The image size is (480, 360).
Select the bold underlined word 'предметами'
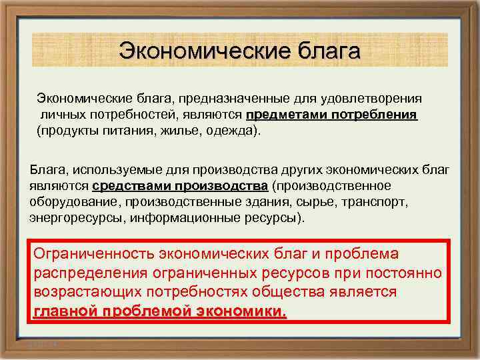point(281,115)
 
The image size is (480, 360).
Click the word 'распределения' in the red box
point(88,274)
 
